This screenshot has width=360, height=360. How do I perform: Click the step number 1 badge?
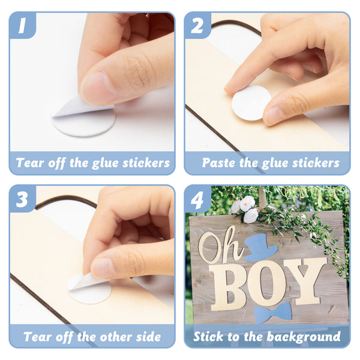click(23, 25)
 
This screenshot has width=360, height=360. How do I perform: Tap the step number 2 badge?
click(197, 25)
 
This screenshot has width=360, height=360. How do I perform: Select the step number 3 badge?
click(23, 199)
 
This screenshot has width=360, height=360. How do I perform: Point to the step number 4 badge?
click(197, 199)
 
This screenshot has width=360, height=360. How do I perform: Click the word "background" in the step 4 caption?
click(304, 337)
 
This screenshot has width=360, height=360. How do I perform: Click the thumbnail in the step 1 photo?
click(98, 88)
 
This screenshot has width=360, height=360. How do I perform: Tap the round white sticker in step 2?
click(251, 103)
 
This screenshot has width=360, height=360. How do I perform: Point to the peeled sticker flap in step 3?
click(88, 282)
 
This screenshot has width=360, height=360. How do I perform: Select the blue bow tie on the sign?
click(273, 313)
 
